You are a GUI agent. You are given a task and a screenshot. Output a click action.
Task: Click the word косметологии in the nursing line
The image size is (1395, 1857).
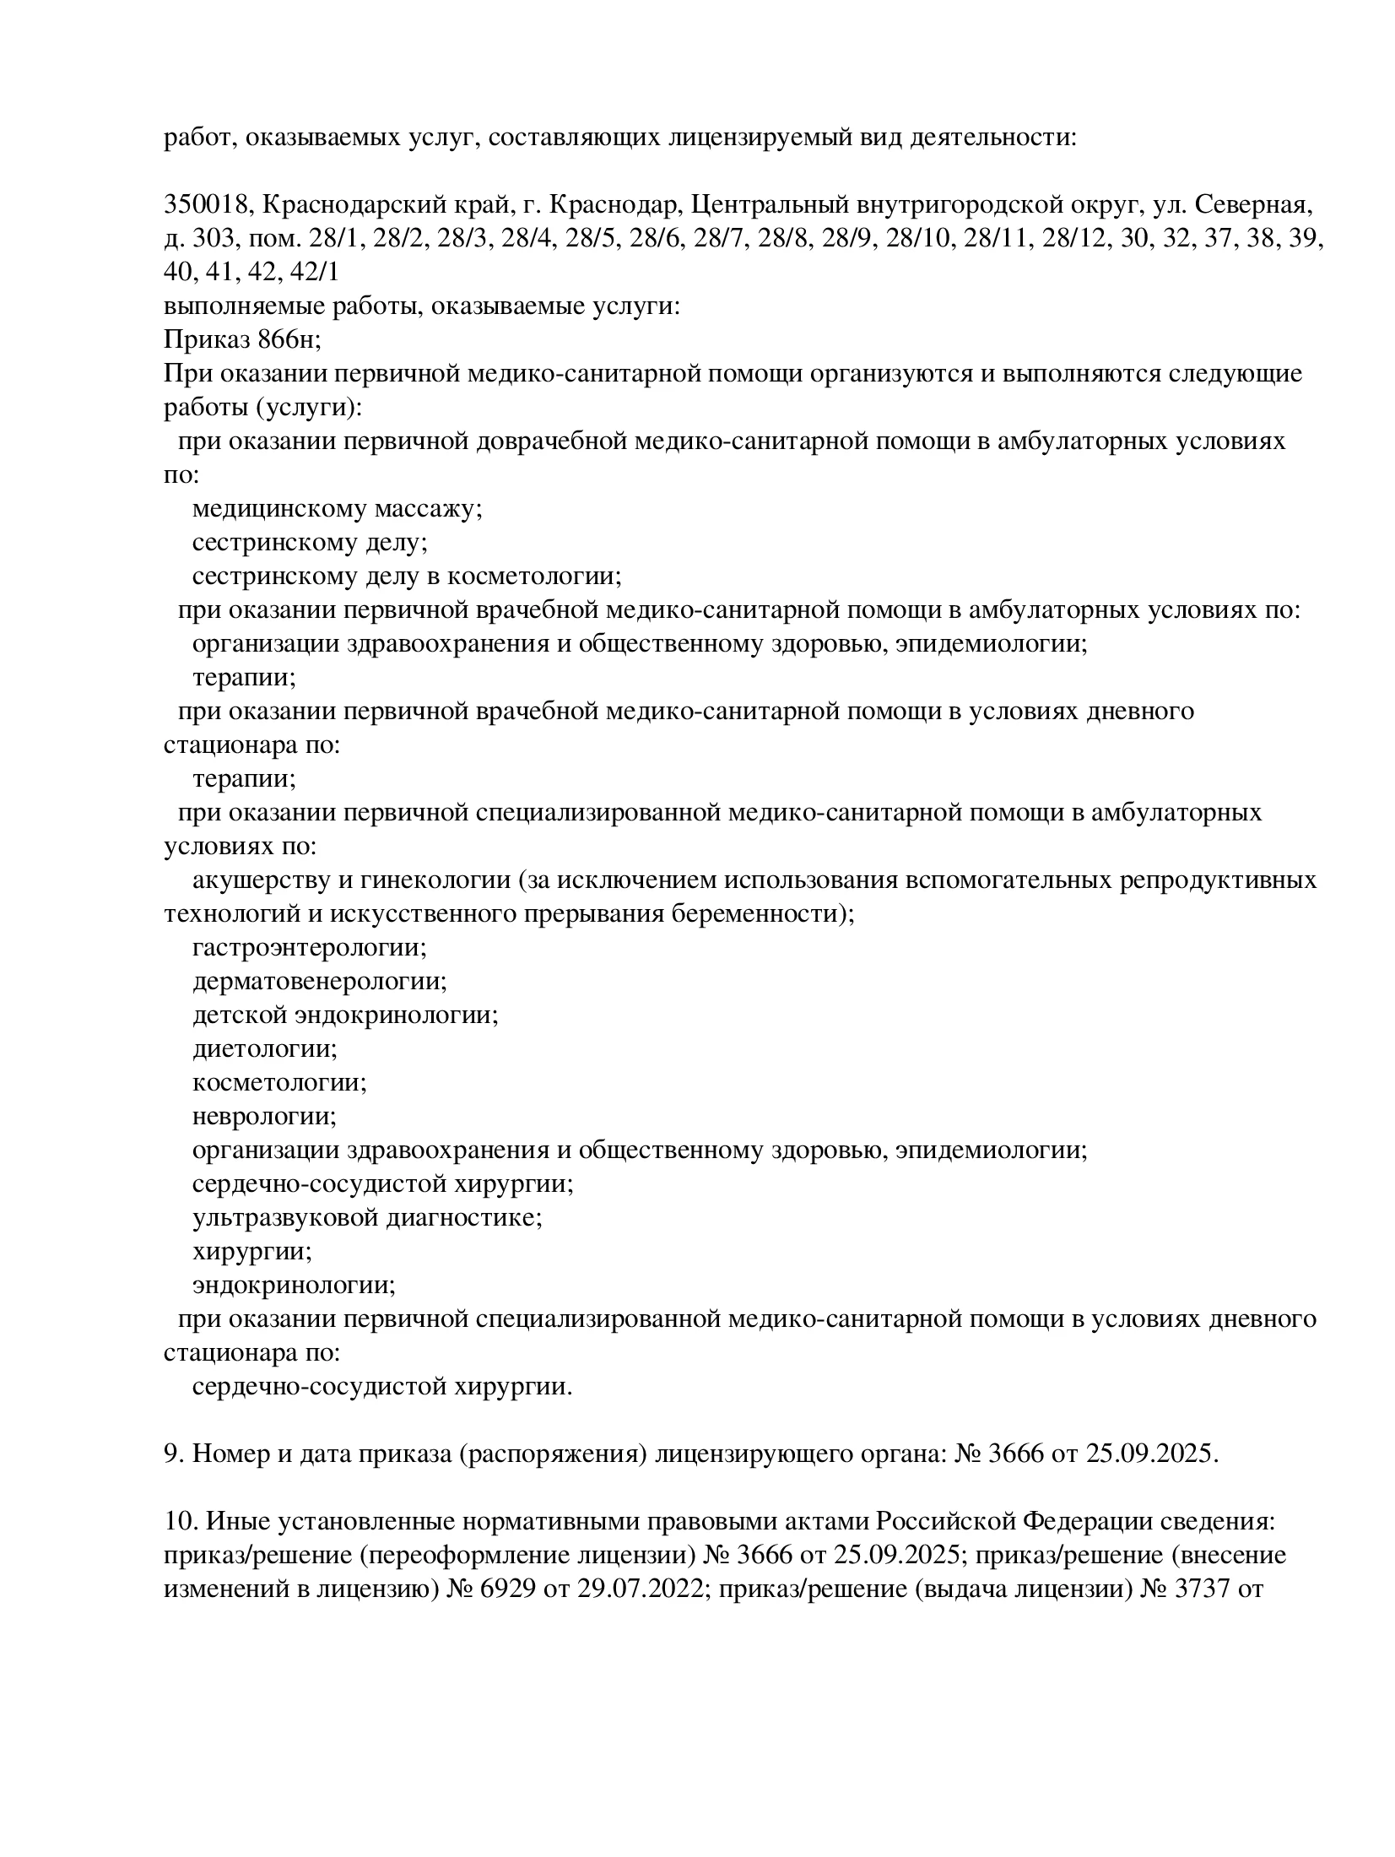(534, 577)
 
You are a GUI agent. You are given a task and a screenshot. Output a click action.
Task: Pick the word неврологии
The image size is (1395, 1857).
(264, 1117)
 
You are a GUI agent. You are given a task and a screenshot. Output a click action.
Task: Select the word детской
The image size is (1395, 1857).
(239, 1015)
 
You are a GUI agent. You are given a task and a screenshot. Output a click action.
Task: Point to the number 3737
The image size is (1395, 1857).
(1199, 1589)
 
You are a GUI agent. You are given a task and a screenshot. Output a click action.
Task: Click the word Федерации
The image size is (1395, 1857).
(1083, 1522)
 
